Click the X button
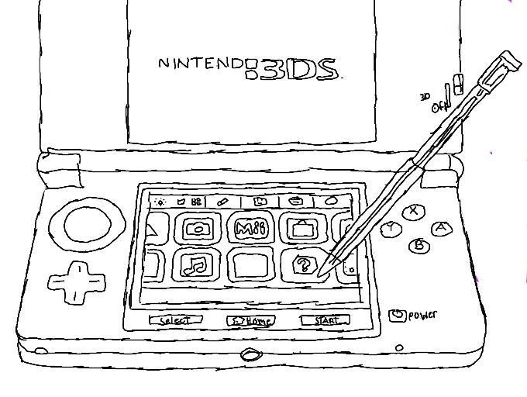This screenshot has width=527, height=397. (415, 209)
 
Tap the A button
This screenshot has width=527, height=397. (441, 227)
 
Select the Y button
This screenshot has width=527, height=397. (393, 228)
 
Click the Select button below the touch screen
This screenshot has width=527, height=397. (175, 320)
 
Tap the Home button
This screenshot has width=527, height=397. (251, 320)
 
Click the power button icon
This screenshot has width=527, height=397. (398, 315)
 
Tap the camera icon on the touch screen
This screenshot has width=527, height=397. (198, 228)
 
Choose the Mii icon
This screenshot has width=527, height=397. (250, 228)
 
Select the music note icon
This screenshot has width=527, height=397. (196, 265)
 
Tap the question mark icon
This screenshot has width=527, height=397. (301, 266)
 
